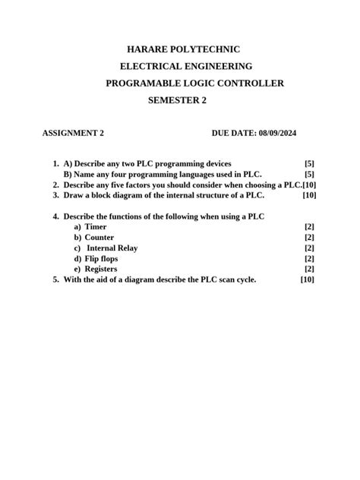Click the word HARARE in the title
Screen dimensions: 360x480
point(149,49)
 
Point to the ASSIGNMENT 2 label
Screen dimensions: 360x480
point(73,134)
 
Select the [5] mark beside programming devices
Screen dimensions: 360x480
point(309,163)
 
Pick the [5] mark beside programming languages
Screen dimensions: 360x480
point(309,174)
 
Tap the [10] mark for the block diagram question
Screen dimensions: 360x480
point(309,195)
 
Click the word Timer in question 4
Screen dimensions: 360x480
point(96,227)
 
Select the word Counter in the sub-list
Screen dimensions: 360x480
point(99,238)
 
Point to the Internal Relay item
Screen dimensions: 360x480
point(112,248)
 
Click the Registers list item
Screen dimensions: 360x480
point(101,269)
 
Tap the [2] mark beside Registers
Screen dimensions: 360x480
point(309,269)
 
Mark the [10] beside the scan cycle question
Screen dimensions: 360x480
point(307,279)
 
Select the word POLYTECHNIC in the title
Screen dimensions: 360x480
point(207,49)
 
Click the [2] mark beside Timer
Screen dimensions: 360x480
point(309,227)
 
